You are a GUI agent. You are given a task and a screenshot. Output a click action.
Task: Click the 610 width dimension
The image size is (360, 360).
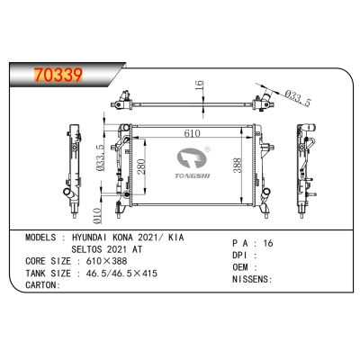coord(186,132)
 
